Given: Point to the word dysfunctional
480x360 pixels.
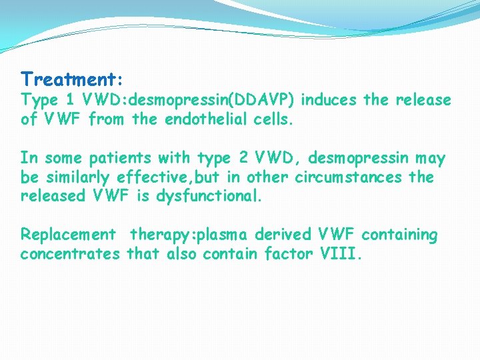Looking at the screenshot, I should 215,196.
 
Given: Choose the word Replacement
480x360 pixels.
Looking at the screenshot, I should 67,235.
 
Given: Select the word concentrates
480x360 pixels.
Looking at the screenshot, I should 70,253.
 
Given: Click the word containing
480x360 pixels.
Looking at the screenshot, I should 399,235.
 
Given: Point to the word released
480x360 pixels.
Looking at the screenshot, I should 49,196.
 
